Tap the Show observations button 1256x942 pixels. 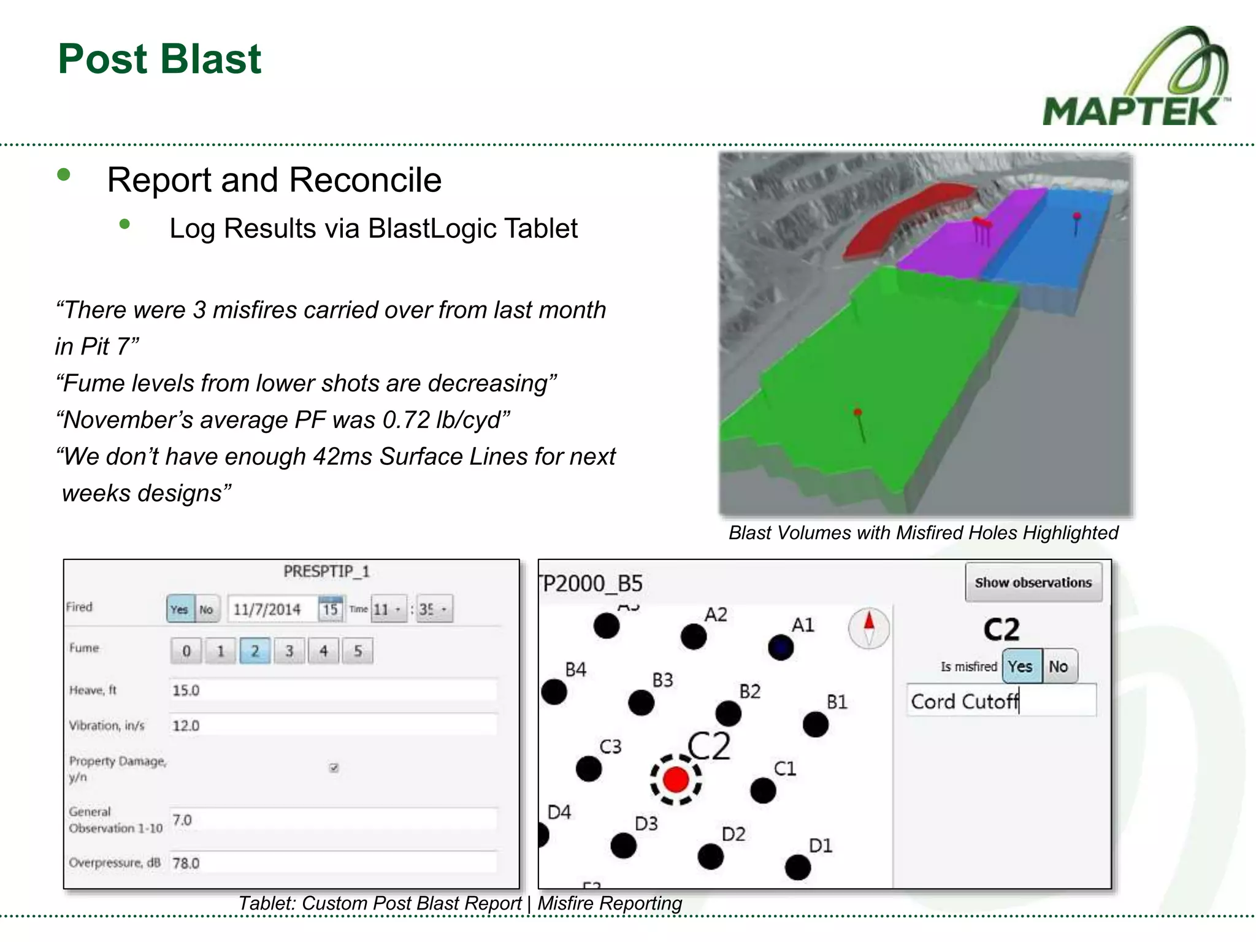pos(1033,582)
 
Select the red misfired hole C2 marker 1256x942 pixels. pos(676,779)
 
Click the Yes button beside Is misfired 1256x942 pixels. pos(1021,666)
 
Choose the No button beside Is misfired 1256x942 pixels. pos(1059,666)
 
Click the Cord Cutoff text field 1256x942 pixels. pos(1001,701)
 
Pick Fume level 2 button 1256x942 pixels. pos(255,651)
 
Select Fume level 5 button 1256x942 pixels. pos(358,651)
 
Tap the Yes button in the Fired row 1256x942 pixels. pos(180,609)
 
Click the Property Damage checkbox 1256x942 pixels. pos(334,767)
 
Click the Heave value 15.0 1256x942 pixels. pos(186,691)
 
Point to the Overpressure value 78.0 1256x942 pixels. pos(186,863)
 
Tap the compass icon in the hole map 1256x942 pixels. pos(868,628)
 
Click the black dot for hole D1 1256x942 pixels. pos(798,867)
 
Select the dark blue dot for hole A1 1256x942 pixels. pos(781,647)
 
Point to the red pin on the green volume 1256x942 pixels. pos(858,413)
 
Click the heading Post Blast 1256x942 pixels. pos(159,59)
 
